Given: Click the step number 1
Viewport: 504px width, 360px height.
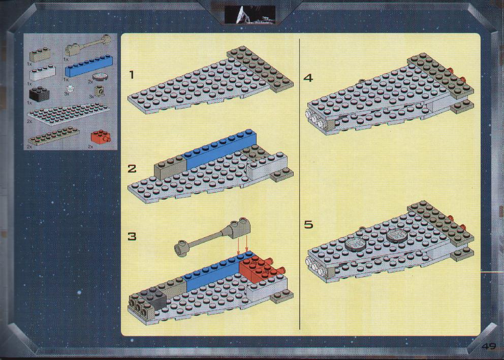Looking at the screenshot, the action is [x=131, y=75].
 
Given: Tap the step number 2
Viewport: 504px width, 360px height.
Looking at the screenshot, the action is [x=132, y=169].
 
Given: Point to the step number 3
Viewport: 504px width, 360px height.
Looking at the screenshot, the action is [x=132, y=236].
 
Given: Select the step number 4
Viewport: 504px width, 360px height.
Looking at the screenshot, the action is [x=308, y=78].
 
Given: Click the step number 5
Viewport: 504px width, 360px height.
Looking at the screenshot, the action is [x=308, y=224].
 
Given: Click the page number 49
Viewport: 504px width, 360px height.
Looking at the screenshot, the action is [x=489, y=346].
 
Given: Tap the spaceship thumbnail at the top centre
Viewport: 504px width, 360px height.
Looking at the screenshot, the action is [x=250, y=14].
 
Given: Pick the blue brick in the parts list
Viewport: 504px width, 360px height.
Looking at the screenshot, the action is [x=89, y=66].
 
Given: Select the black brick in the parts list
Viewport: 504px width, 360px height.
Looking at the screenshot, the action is [x=39, y=94].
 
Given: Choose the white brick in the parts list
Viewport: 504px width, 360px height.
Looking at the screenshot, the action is [x=43, y=73].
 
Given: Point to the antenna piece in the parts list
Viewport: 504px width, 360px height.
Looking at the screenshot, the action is [x=88, y=46].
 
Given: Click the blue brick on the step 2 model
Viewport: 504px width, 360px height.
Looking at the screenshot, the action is [x=220, y=149].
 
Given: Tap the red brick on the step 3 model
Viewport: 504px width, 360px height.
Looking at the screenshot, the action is [x=260, y=269].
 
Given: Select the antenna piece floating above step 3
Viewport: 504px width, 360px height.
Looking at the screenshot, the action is [x=212, y=237].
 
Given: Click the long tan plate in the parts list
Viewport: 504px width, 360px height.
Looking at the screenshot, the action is [x=53, y=136].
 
